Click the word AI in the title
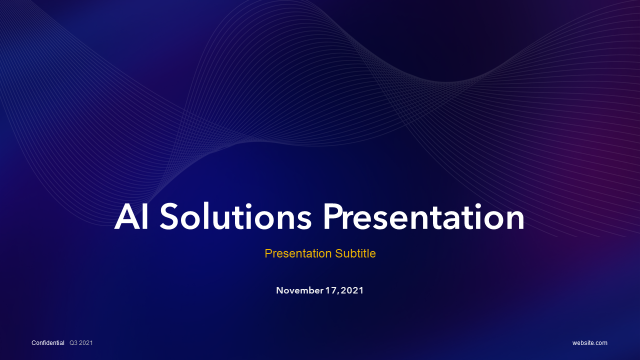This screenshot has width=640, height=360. (x=131, y=217)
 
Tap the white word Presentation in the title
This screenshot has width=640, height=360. (x=423, y=217)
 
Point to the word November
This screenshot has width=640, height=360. (x=299, y=290)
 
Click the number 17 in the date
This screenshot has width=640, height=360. (x=331, y=290)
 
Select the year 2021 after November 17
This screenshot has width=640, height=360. (x=352, y=290)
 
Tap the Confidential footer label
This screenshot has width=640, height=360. (x=48, y=343)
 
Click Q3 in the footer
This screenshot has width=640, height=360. (x=73, y=343)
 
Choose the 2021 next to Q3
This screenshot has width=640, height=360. (x=86, y=343)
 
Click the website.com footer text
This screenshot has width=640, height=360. (x=590, y=343)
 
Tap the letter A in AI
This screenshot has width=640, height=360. (x=125, y=217)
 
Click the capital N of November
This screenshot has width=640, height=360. (x=279, y=290)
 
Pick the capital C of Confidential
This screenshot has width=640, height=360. (x=33, y=343)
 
